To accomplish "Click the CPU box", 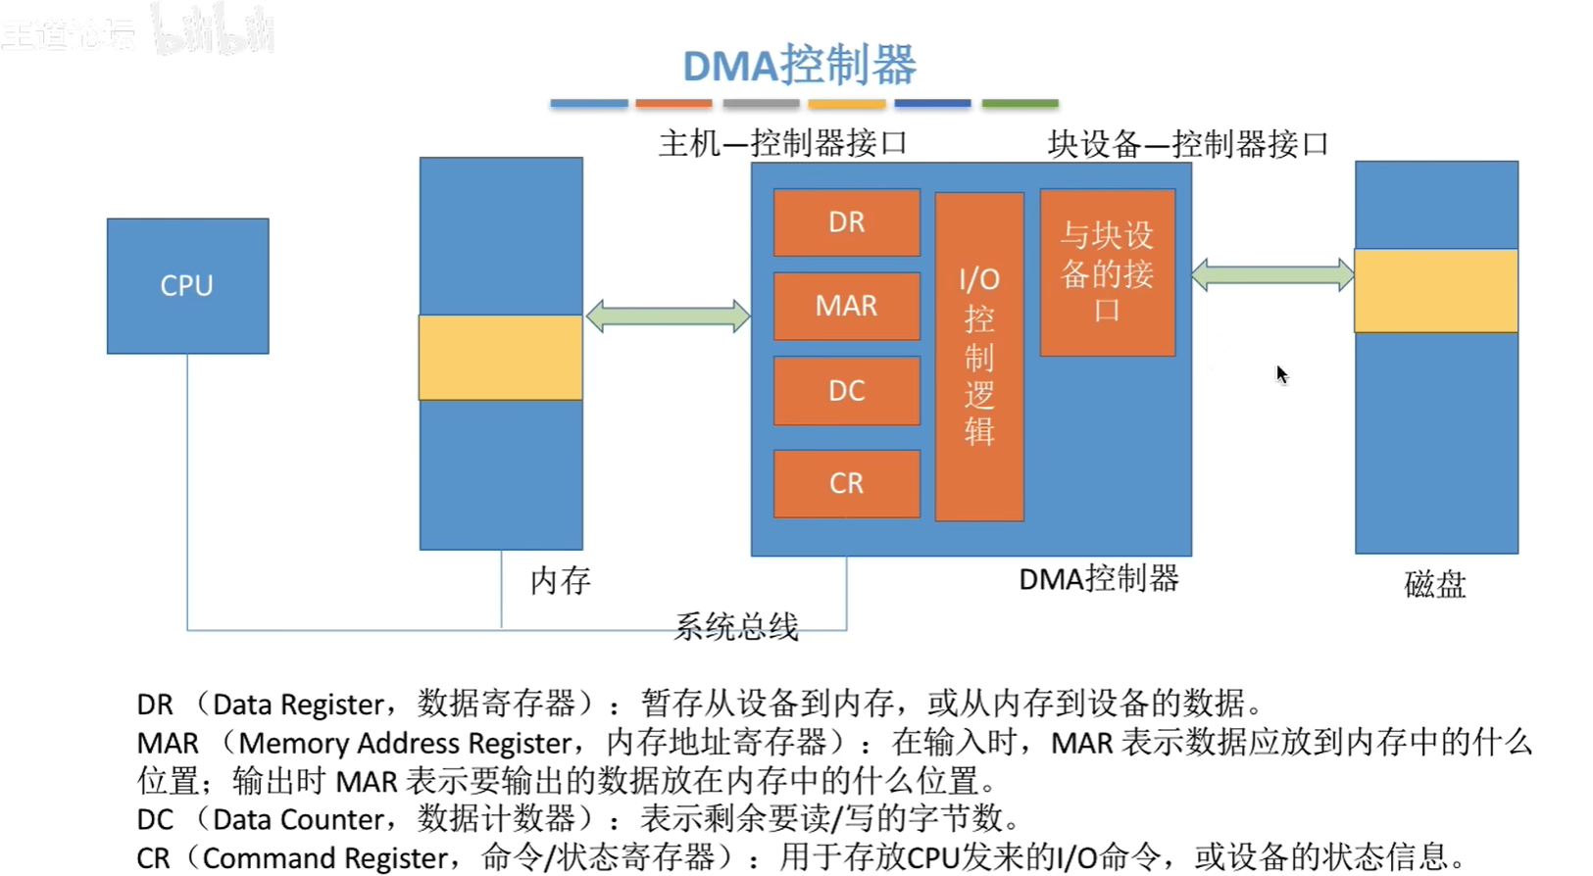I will click(187, 285).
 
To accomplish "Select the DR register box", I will click(846, 222).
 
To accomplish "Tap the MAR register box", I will click(846, 306).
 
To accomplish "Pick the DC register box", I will click(846, 391).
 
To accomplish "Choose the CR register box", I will click(846, 483).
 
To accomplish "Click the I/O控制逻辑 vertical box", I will click(979, 357).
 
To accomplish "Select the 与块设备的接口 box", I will click(1107, 272).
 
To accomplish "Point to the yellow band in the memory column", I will click(501, 357).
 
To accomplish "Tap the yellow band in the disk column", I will click(1436, 291).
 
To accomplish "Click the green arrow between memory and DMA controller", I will click(668, 316).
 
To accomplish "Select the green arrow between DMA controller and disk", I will click(1272, 274).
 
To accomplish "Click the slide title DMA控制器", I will click(799, 66).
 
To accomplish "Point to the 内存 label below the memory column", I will click(561, 581).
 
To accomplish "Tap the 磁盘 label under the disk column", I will click(1434, 585).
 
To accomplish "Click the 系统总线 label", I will click(736, 626).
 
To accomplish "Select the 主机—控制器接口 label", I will click(782, 144).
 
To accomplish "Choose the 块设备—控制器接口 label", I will click(1188, 144).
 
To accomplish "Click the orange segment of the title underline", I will click(673, 103).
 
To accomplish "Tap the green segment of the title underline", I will click(1020, 103).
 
